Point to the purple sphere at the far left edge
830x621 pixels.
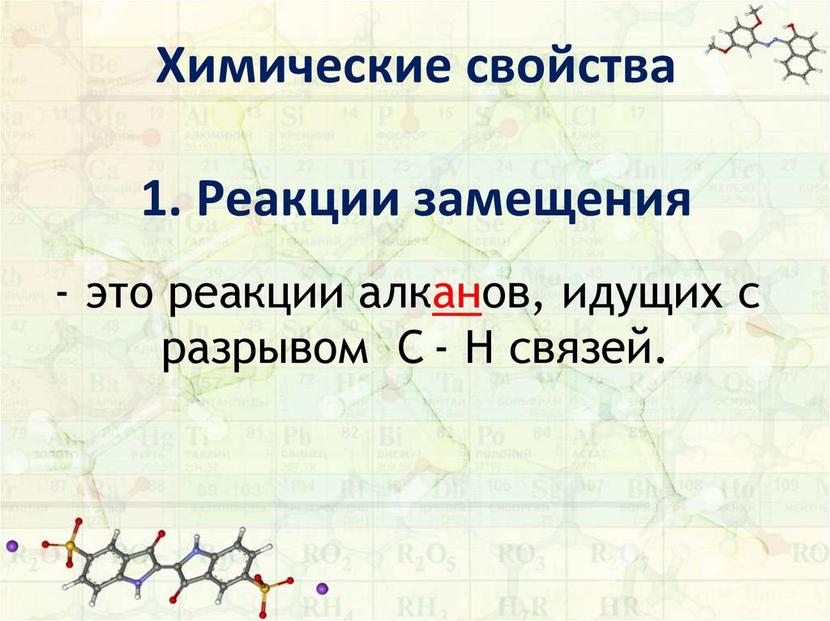point(11,547)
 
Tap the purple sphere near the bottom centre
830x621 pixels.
point(321,586)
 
